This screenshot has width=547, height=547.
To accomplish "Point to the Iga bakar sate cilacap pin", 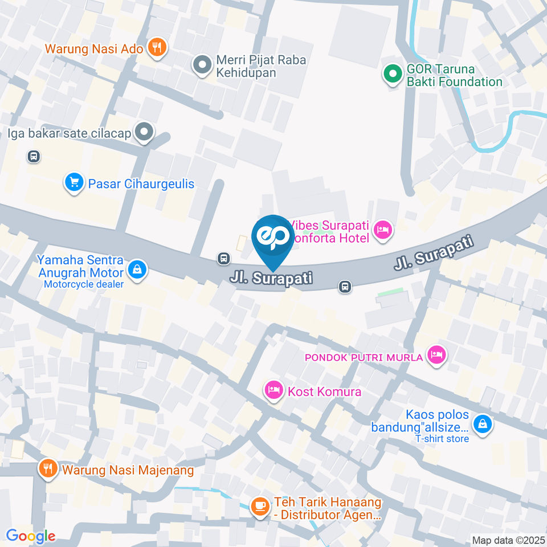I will tap(145, 132).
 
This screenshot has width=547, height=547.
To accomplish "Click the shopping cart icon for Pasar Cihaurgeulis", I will tap(74, 182).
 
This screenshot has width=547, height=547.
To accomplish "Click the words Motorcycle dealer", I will tap(84, 284).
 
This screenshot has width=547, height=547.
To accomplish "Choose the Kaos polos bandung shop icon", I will tap(482, 423).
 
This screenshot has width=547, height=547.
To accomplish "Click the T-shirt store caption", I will tap(442, 439).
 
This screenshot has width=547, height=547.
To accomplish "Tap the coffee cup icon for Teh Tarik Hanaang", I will tap(260, 505).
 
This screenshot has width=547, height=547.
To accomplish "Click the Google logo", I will tap(30, 536).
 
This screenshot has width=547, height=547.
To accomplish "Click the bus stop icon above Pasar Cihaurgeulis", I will tap(34, 156).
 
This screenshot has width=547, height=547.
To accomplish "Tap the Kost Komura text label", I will tap(324, 392).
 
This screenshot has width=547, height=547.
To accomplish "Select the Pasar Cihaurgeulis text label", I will tap(141, 184).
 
